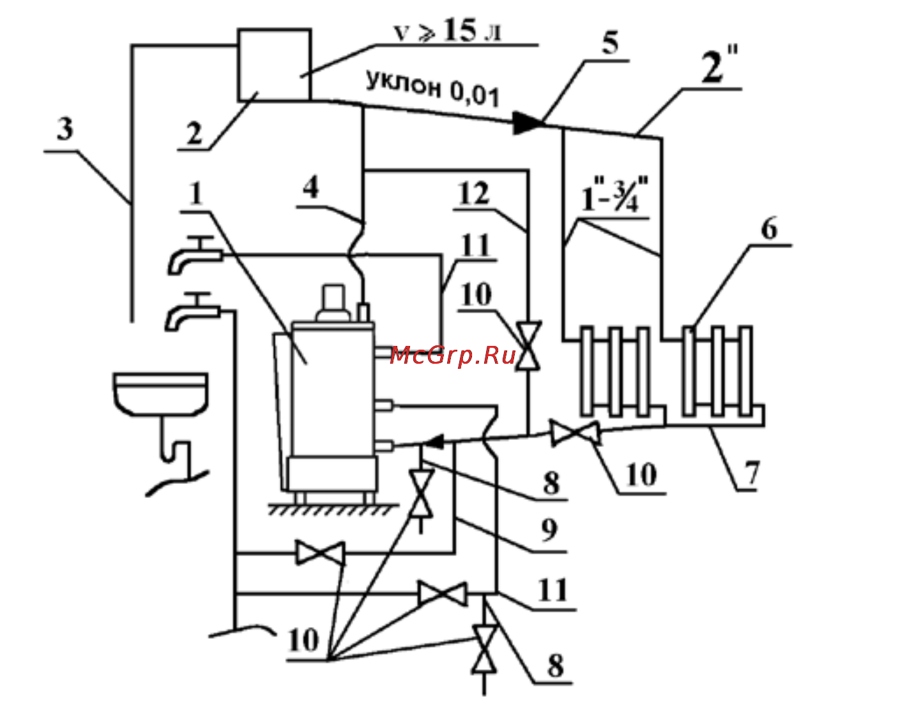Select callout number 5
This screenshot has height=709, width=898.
pyautogui.click(x=610, y=43)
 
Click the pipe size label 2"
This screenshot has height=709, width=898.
pyautogui.click(x=719, y=65)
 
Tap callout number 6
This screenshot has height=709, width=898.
pyautogui.click(x=769, y=229)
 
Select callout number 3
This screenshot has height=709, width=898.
pyautogui.click(x=65, y=128)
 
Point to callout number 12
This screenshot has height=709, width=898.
pyautogui.click(x=474, y=193)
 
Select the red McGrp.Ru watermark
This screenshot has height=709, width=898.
pyautogui.click(x=453, y=355)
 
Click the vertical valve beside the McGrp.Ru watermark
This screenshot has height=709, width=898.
pyautogui.click(x=528, y=345)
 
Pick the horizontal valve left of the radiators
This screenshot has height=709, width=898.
pyautogui.click(x=576, y=433)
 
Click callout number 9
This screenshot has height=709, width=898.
pyautogui.click(x=549, y=529)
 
